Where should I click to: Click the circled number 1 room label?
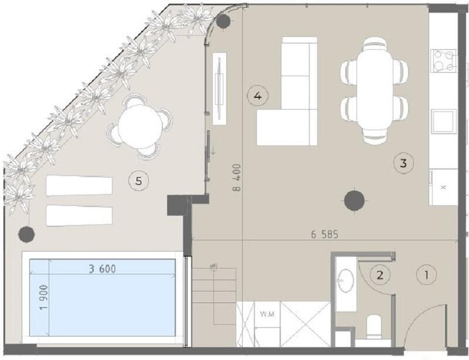[426, 273]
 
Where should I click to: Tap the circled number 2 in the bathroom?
[381, 274]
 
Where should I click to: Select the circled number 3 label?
[403, 162]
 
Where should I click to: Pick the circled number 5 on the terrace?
[138, 181]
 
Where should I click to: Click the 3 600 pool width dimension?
[102, 269]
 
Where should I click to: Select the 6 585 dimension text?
[326, 234]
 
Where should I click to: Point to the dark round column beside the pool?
[26, 234]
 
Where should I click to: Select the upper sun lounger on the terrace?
[79, 185]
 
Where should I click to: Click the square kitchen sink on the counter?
[443, 121]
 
